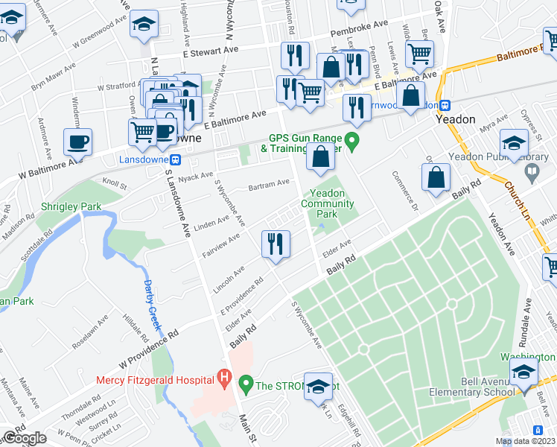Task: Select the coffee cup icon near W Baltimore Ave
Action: coord(77,142)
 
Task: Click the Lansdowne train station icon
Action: coord(176,159)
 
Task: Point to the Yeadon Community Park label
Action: coord(328,203)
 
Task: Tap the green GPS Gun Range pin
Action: coord(354,139)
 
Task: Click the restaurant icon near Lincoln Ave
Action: coord(276,244)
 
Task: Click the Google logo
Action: coord(24,437)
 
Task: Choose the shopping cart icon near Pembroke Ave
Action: coord(420,54)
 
